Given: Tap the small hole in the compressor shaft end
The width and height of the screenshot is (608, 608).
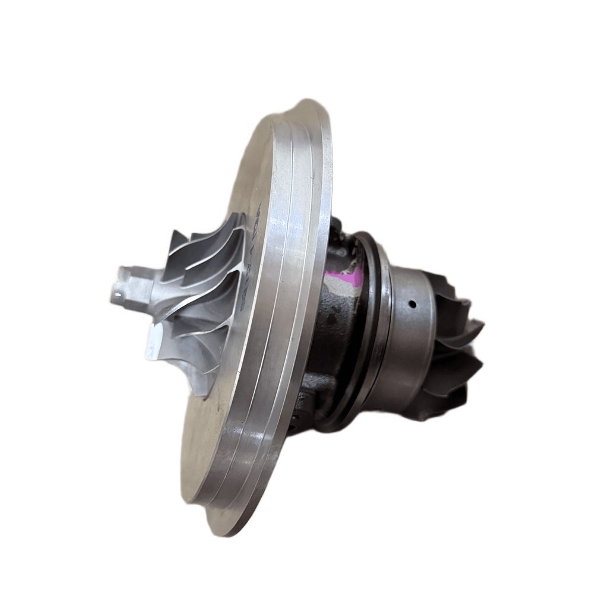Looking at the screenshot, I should pos(123,292).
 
